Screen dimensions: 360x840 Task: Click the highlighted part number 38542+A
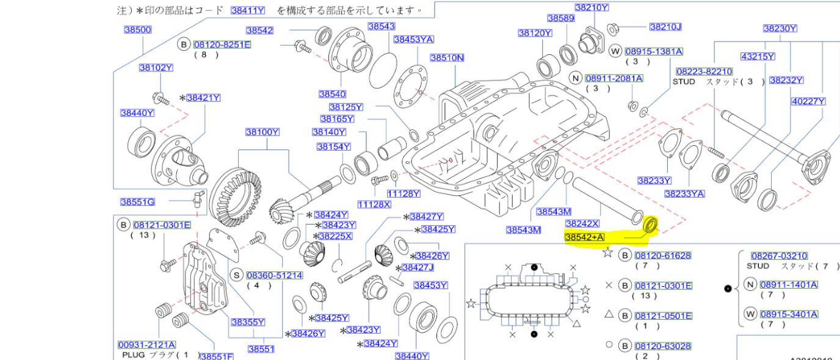(585, 237)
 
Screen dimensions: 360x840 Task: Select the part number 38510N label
(447, 58)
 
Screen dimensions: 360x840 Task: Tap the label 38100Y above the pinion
(262, 132)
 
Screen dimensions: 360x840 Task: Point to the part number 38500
(138, 30)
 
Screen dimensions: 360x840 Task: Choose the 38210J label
(665, 27)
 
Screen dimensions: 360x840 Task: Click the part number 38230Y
(780, 28)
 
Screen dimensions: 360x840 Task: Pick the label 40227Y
(808, 102)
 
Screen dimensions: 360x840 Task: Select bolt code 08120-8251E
(222, 45)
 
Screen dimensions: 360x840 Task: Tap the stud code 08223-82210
(704, 71)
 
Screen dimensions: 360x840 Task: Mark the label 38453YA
(413, 39)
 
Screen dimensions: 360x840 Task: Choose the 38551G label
(137, 202)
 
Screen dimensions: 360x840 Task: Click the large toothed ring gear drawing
(239, 189)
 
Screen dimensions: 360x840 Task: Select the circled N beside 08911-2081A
(574, 78)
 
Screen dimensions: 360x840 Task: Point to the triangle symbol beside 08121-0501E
(608, 315)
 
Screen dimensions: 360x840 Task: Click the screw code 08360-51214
(274, 276)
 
